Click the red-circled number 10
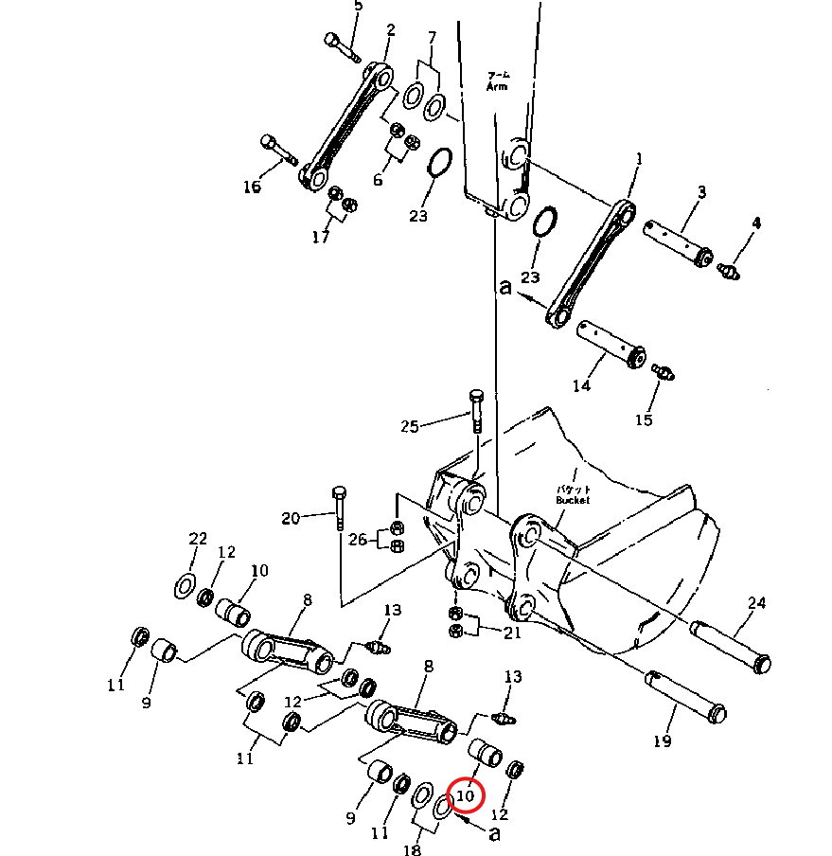(x=465, y=796)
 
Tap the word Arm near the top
(x=497, y=86)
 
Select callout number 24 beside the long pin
(x=756, y=603)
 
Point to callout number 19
(x=662, y=740)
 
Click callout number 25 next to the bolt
(x=409, y=426)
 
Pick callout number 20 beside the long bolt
(x=291, y=518)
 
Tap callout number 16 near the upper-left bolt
(x=252, y=187)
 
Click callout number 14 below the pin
(x=581, y=385)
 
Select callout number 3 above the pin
(x=701, y=193)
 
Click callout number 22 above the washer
(x=197, y=539)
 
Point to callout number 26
(x=357, y=540)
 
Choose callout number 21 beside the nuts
(x=512, y=633)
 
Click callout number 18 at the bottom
(x=412, y=850)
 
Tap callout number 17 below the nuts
(x=321, y=237)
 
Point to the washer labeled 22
(x=185, y=586)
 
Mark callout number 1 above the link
(x=637, y=160)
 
